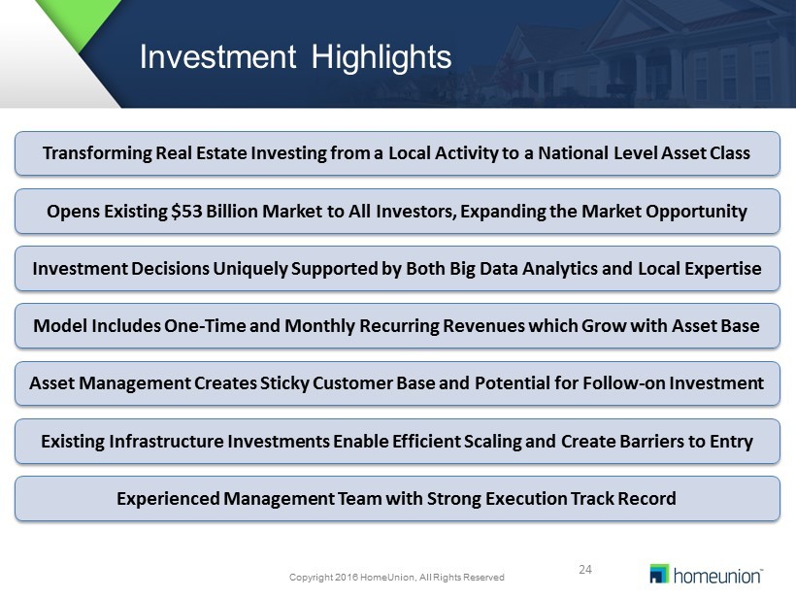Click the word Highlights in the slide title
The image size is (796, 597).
coord(381,57)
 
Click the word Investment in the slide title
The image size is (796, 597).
coord(217,56)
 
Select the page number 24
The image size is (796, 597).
coord(585,569)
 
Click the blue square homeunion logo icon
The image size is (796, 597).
coord(659,574)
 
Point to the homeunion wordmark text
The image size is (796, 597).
coord(717,576)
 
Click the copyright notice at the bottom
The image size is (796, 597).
coord(396,578)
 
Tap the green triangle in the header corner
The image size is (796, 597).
coord(78,21)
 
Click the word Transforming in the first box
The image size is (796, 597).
coord(97,153)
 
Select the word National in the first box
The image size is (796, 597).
coord(573,152)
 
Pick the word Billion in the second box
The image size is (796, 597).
coord(232,211)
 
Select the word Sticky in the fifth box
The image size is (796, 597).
coord(284,383)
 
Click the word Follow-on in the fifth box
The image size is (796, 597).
coord(623,382)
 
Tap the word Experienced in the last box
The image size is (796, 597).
coord(168,499)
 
